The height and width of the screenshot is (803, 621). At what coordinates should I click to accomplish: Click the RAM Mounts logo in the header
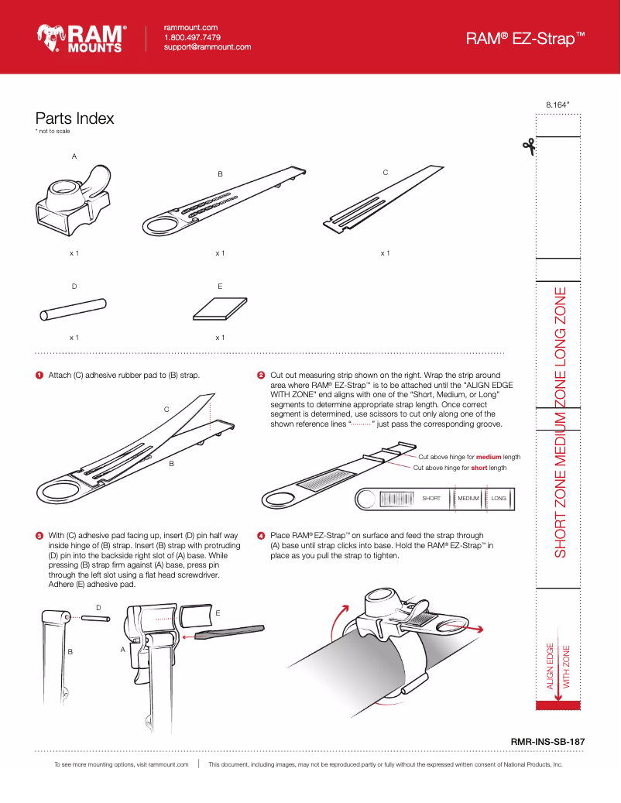point(81,38)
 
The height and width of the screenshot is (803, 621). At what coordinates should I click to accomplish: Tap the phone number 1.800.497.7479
point(192,37)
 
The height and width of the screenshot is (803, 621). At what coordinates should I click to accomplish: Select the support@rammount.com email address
point(208,47)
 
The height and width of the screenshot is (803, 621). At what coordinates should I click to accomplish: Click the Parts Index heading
point(74,118)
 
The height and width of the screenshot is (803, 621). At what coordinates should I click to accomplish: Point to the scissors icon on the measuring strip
point(530,146)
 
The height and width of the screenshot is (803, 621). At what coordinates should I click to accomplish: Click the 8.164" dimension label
point(558,103)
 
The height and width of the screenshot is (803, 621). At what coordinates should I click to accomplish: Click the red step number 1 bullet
point(39,376)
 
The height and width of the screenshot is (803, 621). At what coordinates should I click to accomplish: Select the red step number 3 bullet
point(39,535)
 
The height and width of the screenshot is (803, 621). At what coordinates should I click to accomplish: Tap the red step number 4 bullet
point(261,535)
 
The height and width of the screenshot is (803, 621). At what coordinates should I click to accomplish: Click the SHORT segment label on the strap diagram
point(431,498)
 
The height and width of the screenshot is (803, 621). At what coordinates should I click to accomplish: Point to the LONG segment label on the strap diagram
point(499,498)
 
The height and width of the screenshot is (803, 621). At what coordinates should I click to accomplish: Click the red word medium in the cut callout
point(489,457)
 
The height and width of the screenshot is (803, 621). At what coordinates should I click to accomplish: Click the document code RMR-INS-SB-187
point(547,741)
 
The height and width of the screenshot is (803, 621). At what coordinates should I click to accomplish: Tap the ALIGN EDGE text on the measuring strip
point(551,666)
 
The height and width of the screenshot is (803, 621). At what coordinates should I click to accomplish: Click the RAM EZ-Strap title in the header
point(524,38)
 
